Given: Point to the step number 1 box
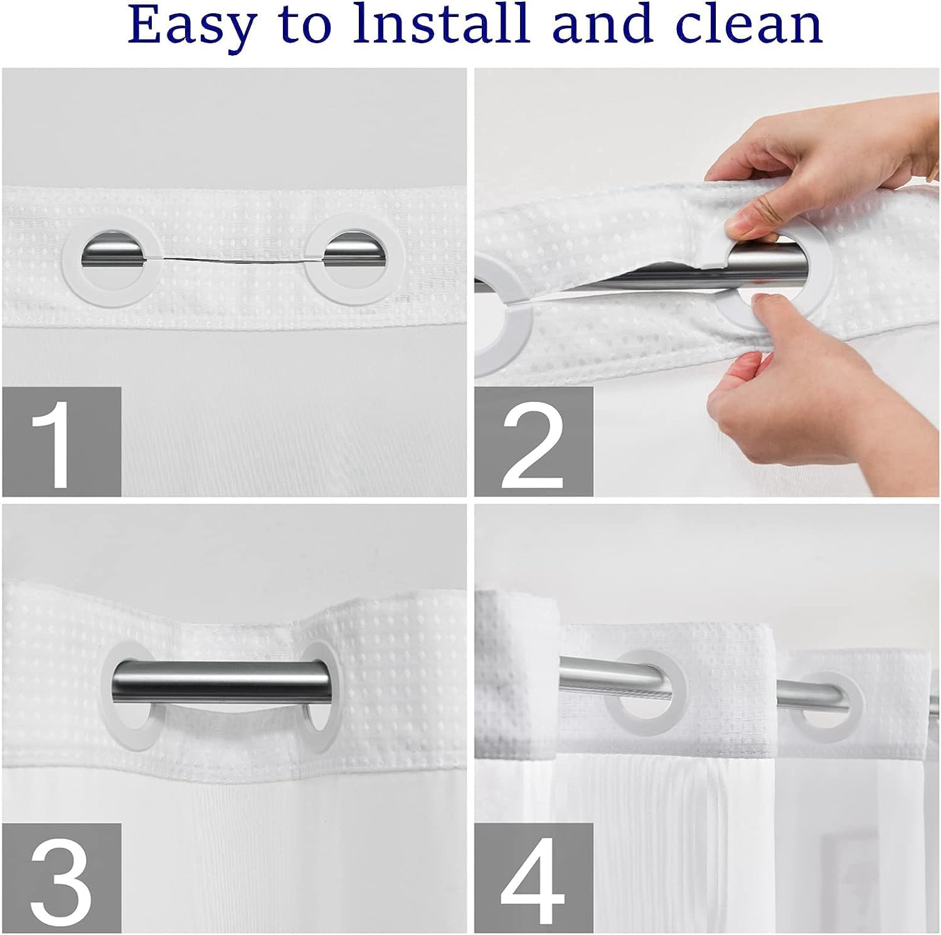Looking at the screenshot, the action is click(61, 441).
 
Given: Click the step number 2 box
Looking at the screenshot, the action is click(534, 441).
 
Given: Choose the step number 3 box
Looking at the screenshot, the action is click(61, 878).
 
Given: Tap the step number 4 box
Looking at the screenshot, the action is click(534, 878).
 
